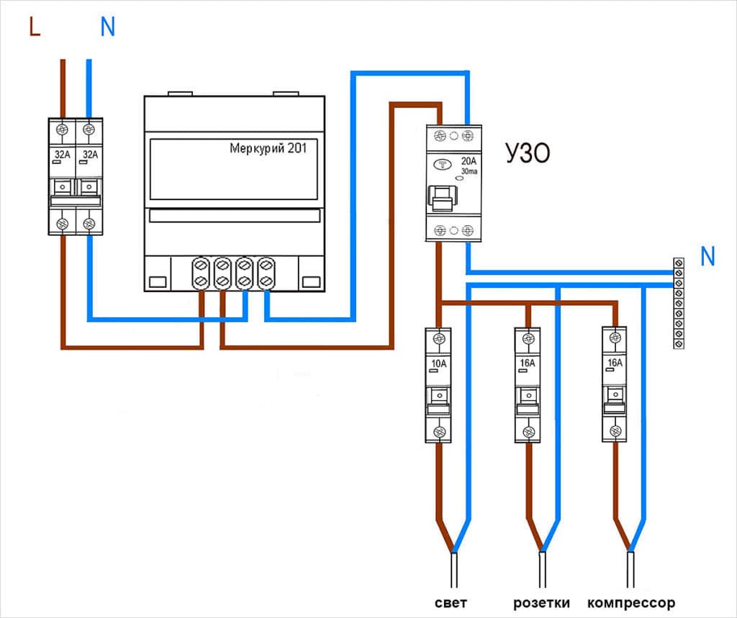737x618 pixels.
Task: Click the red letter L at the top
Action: pyautogui.click(x=34, y=27)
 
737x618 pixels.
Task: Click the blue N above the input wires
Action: pyautogui.click(x=107, y=27)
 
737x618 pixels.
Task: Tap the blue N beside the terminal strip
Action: pyautogui.click(x=708, y=257)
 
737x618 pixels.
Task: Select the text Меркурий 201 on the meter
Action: pyautogui.click(x=273, y=149)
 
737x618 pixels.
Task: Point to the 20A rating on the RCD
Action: pyautogui.click(x=468, y=161)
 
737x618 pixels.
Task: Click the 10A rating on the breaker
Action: pyautogui.click(x=438, y=363)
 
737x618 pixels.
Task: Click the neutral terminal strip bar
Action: pyautogui.click(x=678, y=303)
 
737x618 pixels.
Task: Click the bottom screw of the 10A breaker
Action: pyautogui.click(x=438, y=432)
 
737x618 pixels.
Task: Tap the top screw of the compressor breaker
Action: pyautogui.click(x=615, y=337)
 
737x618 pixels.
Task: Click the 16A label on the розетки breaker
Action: pyautogui.click(x=527, y=363)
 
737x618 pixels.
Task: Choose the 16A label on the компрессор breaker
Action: pyautogui.click(x=615, y=363)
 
